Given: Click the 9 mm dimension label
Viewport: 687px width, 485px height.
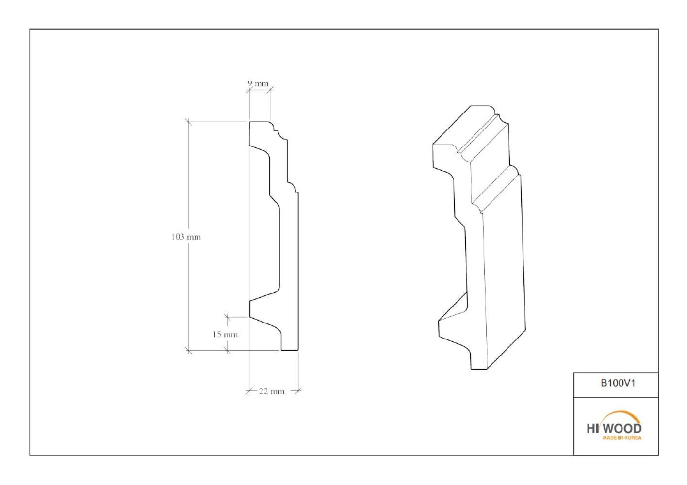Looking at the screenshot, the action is coord(258,83).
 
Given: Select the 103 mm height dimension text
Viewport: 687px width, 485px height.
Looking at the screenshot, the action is coord(186,237).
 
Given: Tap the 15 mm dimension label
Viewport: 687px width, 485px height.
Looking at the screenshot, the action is coord(225,334).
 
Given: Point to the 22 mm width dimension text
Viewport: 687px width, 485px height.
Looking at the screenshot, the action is coord(271,391).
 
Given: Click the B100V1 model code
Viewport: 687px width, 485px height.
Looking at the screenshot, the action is coord(618,383).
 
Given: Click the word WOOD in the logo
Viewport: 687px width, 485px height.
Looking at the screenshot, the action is coord(627,429).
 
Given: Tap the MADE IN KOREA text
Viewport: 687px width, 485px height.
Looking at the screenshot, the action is coord(622,438).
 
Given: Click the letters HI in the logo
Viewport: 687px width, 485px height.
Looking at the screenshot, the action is coord(592,429).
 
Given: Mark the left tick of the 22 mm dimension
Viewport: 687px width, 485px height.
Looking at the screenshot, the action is coord(249,391).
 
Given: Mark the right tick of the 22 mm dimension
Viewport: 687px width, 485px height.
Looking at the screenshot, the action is coord(298,391).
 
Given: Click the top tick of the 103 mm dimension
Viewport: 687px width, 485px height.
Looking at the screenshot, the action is coord(188,122).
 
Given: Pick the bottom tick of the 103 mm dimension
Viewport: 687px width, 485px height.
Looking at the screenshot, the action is coord(188,350).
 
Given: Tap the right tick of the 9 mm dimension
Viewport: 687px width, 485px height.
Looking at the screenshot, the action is coord(270,90).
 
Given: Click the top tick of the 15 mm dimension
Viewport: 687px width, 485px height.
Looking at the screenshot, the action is coord(227,317).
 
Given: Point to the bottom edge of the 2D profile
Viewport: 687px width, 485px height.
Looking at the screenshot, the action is coord(290,350).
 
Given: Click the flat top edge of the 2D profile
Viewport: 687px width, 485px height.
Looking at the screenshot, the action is coord(260,122).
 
